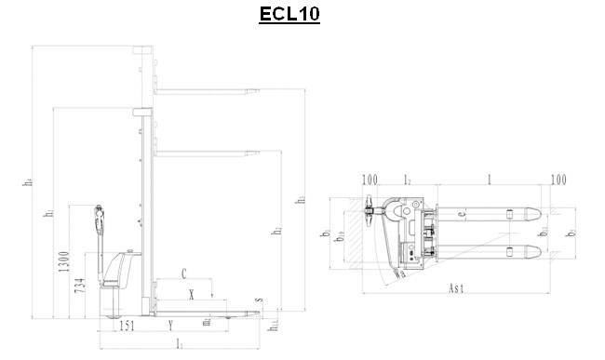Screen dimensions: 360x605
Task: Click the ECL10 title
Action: click(289, 16)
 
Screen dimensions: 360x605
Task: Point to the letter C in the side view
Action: click(184, 274)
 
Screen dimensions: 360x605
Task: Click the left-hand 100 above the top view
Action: click(370, 179)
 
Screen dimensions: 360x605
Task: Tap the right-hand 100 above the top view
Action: click(558, 179)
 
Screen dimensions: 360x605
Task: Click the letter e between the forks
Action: click(460, 218)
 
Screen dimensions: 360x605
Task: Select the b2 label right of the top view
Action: click(570, 228)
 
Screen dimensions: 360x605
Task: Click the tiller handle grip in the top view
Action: click(371, 211)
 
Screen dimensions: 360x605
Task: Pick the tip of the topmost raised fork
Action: click(253, 90)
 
